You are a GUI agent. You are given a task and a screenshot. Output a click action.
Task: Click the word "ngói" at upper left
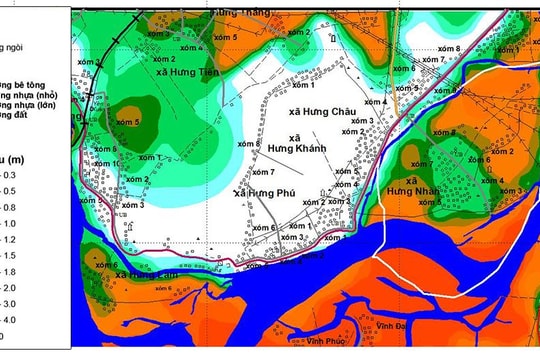coord(15,46)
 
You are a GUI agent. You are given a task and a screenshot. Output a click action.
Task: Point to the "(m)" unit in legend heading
coord(30,158)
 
